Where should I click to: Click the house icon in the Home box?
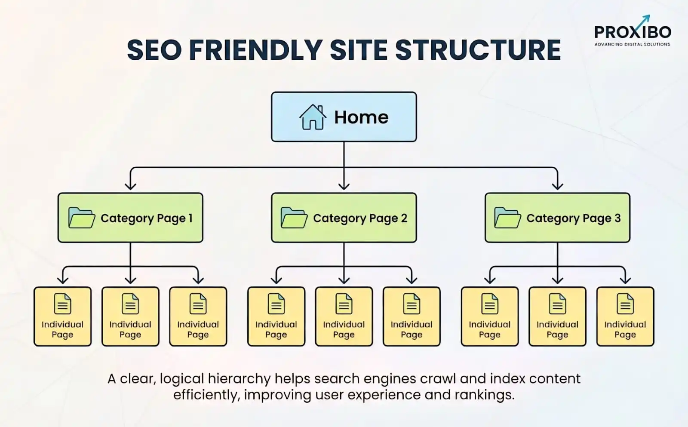coord(313,117)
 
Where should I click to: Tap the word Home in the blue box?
coord(361,117)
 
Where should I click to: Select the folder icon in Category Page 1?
coord(81,218)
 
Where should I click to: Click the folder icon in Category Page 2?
coord(294,218)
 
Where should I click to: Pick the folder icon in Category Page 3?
coord(507,218)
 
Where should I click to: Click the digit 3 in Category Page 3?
coord(617,218)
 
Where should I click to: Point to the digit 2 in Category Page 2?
coord(404,218)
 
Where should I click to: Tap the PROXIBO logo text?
coord(632,32)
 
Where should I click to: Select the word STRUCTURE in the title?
coord(478,50)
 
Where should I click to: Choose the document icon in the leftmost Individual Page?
coord(63,304)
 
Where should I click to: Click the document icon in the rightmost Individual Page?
coord(625,304)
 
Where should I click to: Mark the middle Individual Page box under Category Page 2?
coord(344,316)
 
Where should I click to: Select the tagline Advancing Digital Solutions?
coord(632,44)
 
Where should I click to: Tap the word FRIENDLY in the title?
coord(256,50)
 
